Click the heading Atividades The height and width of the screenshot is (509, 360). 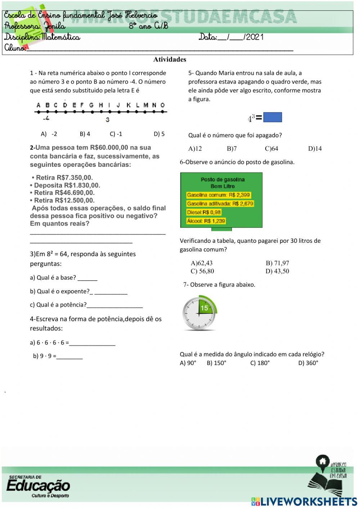pos(170,59)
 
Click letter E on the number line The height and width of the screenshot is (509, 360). pos(74,105)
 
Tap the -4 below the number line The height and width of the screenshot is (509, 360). pos(46,119)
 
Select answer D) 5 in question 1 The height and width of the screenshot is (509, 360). pos(159,134)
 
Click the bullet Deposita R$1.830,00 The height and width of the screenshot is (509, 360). pos(65,185)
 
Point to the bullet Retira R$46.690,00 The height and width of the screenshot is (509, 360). pos(62,193)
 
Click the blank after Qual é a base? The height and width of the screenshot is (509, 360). pos(87,278)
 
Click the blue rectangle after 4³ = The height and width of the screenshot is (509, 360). pos(273,117)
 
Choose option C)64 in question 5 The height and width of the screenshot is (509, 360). pos(271,148)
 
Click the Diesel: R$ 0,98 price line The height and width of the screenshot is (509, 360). pos(204,212)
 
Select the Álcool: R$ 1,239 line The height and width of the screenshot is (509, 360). pos(206,221)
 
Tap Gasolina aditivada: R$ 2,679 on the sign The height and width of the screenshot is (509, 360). pos(220,204)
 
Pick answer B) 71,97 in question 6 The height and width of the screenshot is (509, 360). pos(277,263)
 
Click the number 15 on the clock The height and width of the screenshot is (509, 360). pos(204,308)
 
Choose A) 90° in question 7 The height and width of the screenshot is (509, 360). pos(188,363)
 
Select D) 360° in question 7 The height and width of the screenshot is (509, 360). pos(308,363)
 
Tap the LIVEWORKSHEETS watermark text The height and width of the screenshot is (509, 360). pos(309,501)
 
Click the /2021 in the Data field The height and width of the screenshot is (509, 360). pos(254,37)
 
